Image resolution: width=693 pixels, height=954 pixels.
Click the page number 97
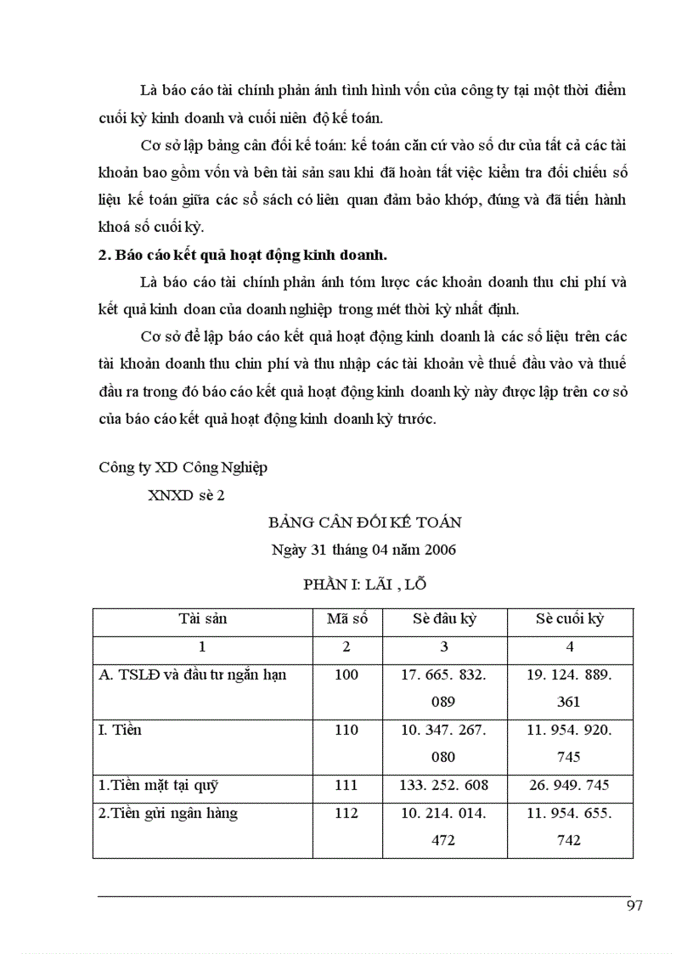634,906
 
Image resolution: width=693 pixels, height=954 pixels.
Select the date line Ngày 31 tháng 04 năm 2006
363,550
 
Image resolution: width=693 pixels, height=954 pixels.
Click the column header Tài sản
202,619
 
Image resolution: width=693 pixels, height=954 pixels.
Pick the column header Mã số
346,619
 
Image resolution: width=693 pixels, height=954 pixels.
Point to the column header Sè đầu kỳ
444,619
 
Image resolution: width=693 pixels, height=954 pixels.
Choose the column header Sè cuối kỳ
570,619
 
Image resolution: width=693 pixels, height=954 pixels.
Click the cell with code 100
346,675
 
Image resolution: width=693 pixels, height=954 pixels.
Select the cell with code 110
346,731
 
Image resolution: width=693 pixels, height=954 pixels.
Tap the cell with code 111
346,786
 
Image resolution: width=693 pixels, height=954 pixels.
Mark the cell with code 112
346,814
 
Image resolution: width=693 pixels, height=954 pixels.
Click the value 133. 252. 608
444,786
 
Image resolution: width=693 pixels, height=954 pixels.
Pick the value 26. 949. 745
570,786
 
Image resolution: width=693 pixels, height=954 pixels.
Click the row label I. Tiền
121,731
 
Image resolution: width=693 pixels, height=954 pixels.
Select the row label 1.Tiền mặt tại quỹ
163,786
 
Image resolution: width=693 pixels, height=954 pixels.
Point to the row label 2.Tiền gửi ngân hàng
168,814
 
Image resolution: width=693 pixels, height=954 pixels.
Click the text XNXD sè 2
187,496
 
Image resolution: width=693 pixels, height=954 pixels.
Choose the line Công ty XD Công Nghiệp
183,467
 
